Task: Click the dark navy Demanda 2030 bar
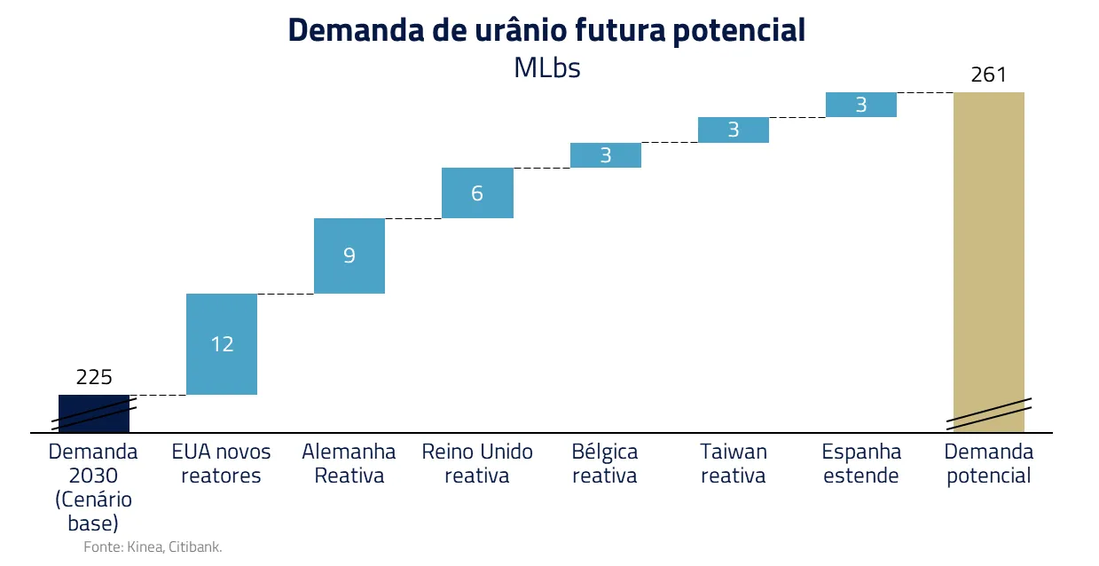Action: click(x=94, y=413)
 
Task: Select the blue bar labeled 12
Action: click(x=222, y=344)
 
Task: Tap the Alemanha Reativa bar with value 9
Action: click(x=349, y=255)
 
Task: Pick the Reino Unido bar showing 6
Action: click(x=477, y=193)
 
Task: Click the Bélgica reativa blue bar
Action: click(x=606, y=155)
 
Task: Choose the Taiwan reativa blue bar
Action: click(x=734, y=130)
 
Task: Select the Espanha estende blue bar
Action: click(x=861, y=105)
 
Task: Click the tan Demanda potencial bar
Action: click(x=989, y=262)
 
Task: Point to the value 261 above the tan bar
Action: click(x=989, y=75)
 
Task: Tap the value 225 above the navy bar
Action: click(x=94, y=377)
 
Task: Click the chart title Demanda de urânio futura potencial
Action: click(x=546, y=30)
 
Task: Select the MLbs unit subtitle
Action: click(x=547, y=67)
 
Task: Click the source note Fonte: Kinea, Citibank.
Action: click(x=153, y=546)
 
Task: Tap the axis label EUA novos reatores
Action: click(x=221, y=463)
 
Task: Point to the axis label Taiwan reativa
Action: click(x=734, y=463)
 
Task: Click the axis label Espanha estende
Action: click(x=861, y=463)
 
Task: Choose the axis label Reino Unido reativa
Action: click(x=477, y=463)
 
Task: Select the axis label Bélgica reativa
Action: click(x=605, y=463)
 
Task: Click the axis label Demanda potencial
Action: click(x=989, y=463)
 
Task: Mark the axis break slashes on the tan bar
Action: click(x=989, y=413)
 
